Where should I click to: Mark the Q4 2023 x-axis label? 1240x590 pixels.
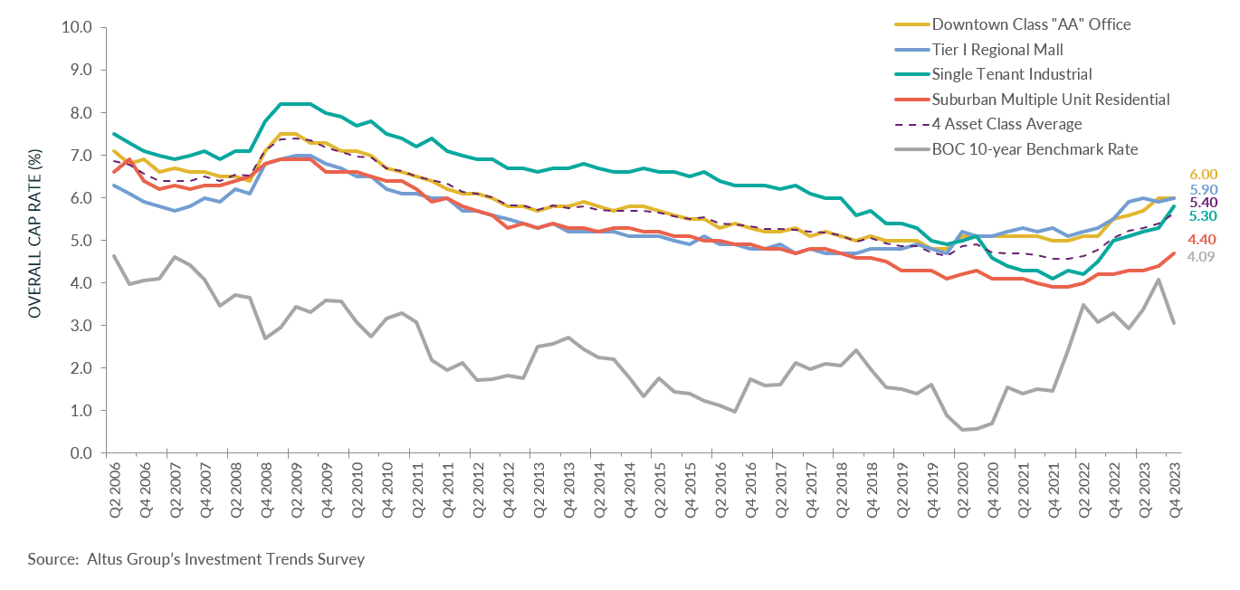point(1173,489)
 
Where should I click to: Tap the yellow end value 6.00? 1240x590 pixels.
point(1202,175)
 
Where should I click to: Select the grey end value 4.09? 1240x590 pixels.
point(1202,257)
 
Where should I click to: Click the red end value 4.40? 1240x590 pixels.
point(1202,240)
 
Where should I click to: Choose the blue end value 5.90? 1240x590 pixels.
point(1202,190)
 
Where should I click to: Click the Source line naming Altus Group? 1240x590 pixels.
point(196,559)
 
